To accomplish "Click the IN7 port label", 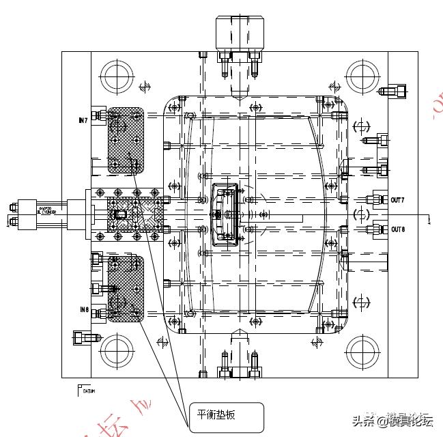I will (x=83, y=120).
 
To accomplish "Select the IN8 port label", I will (x=83, y=310).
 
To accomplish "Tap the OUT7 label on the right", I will (x=397, y=200).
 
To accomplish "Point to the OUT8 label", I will (x=397, y=229).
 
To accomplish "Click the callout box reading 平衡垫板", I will (x=226, y=416).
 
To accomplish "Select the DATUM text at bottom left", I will (x=89, y=392).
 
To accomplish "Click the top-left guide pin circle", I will (x=117, y=76).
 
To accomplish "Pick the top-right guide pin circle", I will (x=362, y=76).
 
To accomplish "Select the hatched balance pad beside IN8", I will (x=126, y=288).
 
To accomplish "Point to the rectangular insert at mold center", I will (x=226, y=214).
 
